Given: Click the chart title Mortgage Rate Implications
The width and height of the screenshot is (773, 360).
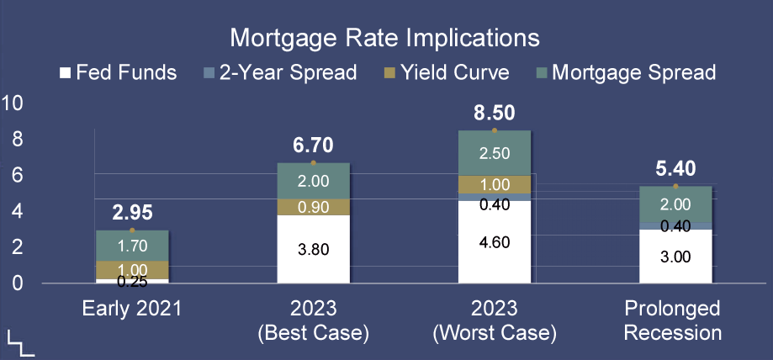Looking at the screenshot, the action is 384,38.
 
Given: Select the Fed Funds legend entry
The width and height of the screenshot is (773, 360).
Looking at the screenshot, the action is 119,73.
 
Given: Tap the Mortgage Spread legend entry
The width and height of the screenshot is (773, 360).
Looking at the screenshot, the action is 626,73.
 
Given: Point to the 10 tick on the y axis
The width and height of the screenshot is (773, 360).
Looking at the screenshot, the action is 13,103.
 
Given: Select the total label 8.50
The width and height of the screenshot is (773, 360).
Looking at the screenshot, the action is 495,113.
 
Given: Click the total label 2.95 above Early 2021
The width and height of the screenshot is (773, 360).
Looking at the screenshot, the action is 132,213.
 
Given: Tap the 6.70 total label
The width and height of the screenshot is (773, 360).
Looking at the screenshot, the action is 313,146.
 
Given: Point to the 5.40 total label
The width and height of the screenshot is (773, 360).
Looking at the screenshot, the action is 675,169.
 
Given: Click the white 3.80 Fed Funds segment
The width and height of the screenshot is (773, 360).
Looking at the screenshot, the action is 314,249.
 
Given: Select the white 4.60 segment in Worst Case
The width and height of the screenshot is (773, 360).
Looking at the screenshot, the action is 495,241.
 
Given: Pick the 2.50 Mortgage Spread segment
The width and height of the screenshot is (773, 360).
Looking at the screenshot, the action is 495,153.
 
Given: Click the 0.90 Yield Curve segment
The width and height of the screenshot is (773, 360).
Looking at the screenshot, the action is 314,207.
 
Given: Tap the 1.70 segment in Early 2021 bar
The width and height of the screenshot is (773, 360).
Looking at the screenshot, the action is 132,246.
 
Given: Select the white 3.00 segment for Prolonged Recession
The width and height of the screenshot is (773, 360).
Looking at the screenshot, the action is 675,257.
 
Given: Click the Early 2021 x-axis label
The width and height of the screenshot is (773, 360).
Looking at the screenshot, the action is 131,310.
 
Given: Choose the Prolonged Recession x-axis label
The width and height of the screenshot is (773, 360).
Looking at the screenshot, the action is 672,321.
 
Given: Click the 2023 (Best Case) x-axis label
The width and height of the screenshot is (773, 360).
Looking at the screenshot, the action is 314,321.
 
